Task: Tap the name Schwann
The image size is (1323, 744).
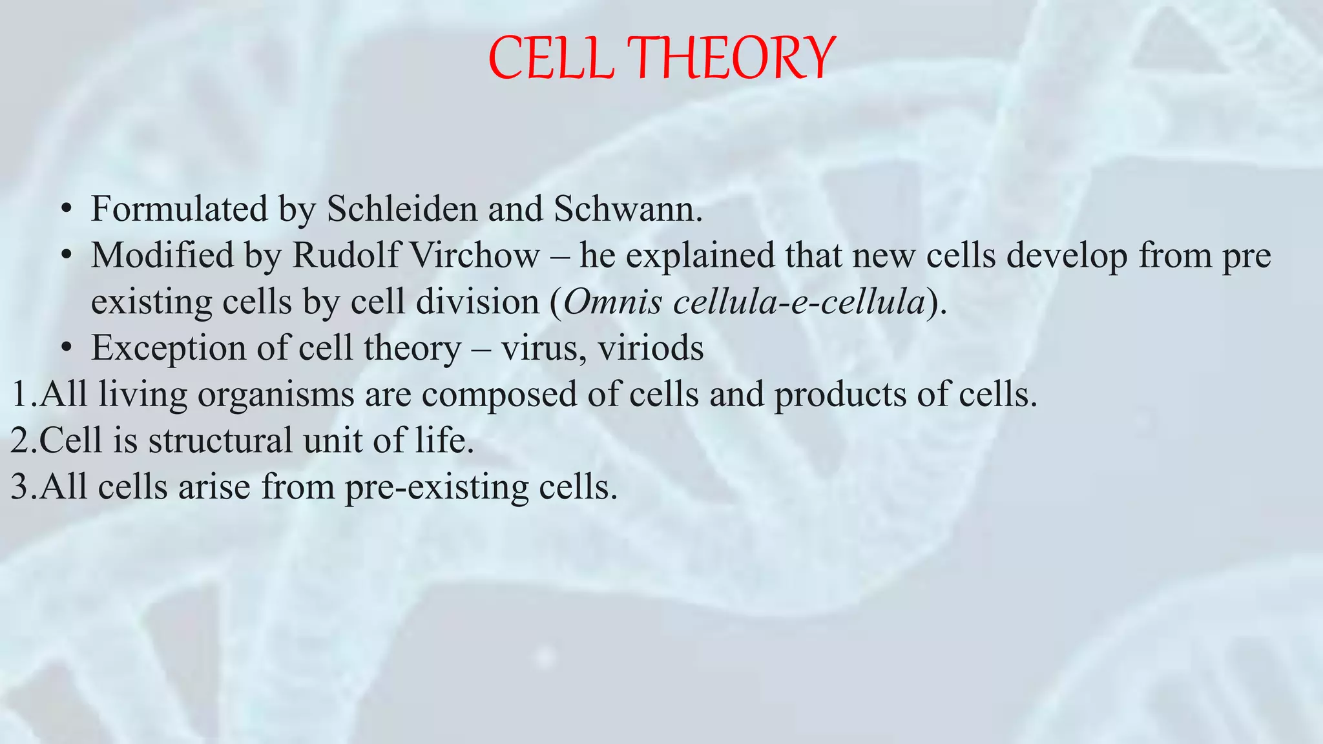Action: click(627, 209)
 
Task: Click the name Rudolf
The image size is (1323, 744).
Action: click(346, 256)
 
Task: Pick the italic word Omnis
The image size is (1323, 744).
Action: click(613, 302)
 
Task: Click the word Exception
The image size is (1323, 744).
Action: click(169, 349)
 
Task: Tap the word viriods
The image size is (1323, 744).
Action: click(651, 349)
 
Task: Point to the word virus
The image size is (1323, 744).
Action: click(543, 349)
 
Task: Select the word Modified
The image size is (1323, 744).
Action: click(162, 256)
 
